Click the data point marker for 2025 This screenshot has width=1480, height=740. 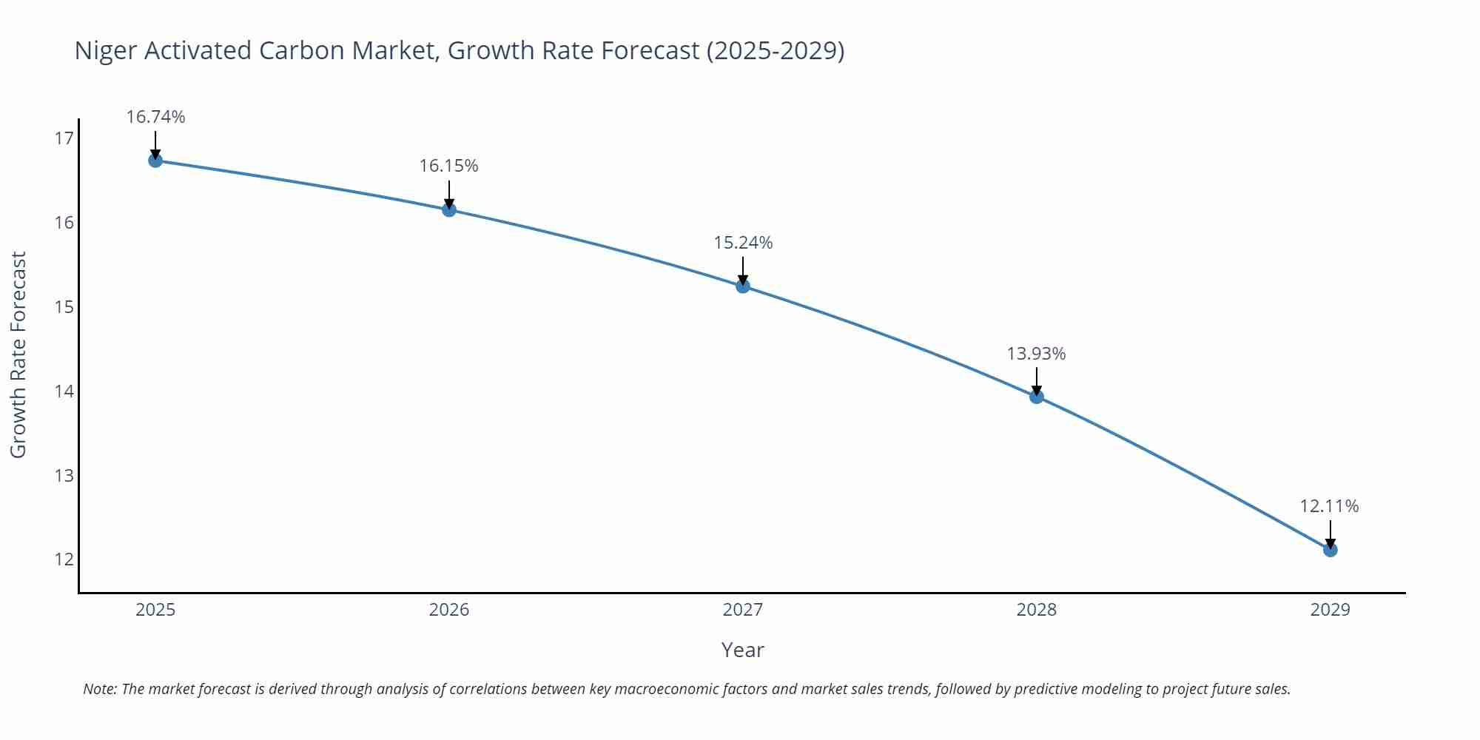[x=155, y=160]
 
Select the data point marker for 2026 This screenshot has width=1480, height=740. [x=449, y=209]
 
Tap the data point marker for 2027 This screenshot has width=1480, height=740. [x=743, y=286]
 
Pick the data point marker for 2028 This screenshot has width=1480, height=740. [x=1037, y=397]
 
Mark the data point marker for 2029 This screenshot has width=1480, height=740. [x=1330, y=550]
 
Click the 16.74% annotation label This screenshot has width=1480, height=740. [x=155, y=117]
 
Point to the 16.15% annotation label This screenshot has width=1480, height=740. [x=449, y=166]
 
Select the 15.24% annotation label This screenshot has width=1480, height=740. [x=743, y=243]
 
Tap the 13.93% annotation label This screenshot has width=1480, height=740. [x=1036, y=354]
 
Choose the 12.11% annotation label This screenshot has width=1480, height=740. [x=1329, y=506]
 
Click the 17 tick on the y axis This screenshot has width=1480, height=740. [x=64, y=138]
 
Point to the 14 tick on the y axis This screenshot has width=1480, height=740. [x=64, y=391]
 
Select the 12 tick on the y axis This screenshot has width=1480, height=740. [x=64, y=559]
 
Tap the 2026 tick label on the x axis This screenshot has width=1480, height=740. [x=449, y=610]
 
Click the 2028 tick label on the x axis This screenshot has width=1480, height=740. [x=1036, y=610]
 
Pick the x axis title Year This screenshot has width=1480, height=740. [x=742, y=650]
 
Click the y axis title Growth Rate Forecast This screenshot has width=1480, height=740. [x=18, y=355]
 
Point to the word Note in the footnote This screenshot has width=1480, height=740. [x=99, y=689]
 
